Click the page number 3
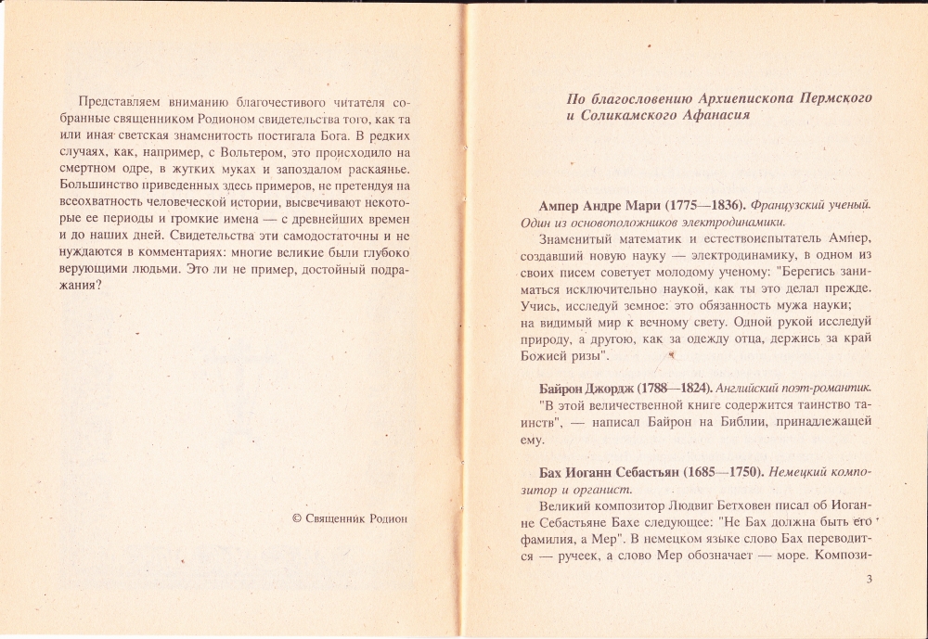(868, 580)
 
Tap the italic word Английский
(749, 387)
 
